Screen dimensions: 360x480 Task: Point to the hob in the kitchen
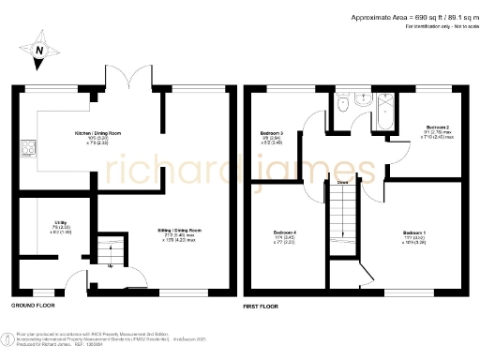tap(28, 147)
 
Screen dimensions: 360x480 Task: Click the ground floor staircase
tap(113, 248)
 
